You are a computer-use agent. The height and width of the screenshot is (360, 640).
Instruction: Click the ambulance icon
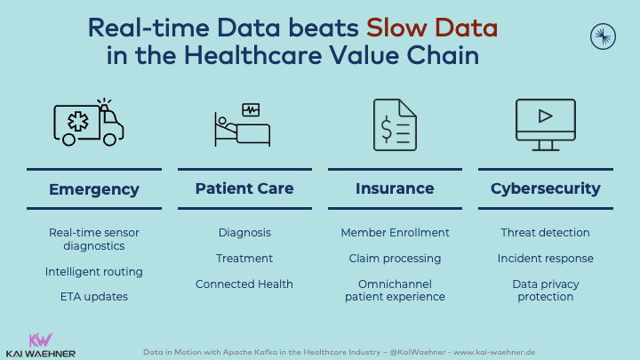tap(89, 122)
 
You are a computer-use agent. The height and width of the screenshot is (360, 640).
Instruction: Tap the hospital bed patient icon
tap(243, 124)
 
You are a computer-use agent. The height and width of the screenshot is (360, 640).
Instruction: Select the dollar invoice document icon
tap(395, 125)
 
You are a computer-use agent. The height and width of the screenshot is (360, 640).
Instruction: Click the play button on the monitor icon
tap(545, 116)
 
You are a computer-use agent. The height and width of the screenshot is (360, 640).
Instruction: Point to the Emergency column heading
tap(94, 189)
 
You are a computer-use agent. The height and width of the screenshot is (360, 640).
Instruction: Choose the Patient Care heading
tap(244, 188)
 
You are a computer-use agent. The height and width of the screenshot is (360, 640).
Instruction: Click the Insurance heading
tap(395, 188)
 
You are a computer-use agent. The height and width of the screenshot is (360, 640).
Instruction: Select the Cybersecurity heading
tap(546, 189)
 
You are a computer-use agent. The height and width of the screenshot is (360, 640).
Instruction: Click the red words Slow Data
tap(432, 28)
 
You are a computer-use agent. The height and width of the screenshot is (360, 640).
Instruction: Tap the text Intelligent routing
tap(94, 272)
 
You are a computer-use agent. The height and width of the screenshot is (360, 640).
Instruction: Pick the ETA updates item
tap(94, 297)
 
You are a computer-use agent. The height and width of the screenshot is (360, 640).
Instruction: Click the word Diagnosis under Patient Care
tap(244, 233)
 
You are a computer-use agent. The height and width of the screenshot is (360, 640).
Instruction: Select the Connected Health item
tap(244, 284)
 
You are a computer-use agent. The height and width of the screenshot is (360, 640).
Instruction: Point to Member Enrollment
tap(395, 233)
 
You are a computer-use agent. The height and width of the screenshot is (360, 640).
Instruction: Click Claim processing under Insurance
tap(395, 259)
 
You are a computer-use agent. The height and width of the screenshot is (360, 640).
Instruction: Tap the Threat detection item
tap(545, 233)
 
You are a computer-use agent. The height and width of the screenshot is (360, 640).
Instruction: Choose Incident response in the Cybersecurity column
tap(545, 259)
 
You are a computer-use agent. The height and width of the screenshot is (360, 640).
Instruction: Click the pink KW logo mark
tap(40, 340)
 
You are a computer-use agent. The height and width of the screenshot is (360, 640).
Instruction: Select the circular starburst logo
tap(603, 36)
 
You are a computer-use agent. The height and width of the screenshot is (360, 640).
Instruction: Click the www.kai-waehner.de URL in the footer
tap(494, 352)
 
